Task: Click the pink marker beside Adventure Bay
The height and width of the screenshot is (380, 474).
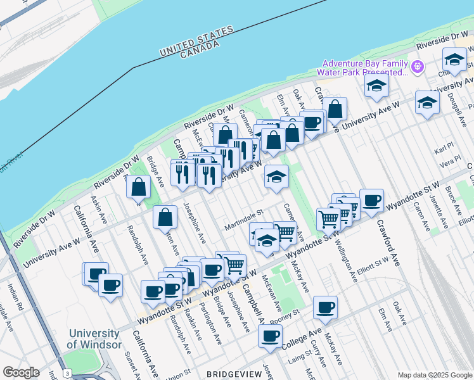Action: pyautogui.click(x=418, y=66)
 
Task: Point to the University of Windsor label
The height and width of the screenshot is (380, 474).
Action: pyautogui.click(x=94, y=339)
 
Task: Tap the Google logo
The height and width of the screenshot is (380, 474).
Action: pyautogui.click(x=21, y=372)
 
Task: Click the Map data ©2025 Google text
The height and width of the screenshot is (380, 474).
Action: pyautogui.click(x=434, y=375)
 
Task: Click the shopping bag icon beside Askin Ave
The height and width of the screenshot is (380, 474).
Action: pyautogui.click(x=138, y=187)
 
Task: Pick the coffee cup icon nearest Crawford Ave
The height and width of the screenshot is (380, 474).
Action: pyautogui.click(x=371, y=200)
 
